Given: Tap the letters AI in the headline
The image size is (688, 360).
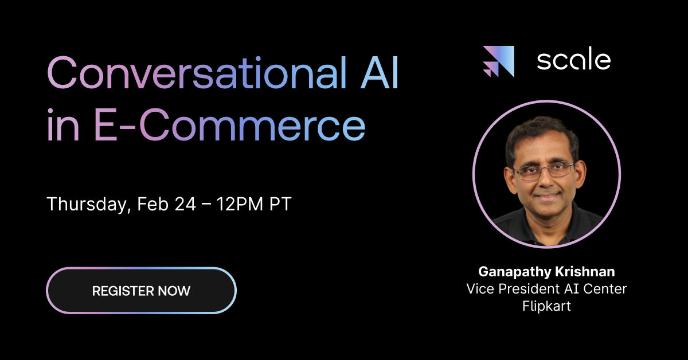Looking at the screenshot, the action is pyautogui.click(x=380, y=72).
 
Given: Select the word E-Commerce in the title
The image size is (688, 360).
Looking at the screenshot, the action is pyautogui.click(x=230, y=125).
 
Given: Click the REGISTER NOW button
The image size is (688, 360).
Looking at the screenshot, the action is pyautogui.click(x=141, y=291).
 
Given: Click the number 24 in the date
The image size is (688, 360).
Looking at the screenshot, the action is pyautogui.click(x=185, y=204).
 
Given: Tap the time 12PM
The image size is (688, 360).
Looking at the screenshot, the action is pyautogui.click(x=240, y=204).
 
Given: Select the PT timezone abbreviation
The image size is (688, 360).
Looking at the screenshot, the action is pyautogui.click(x=280, y=204).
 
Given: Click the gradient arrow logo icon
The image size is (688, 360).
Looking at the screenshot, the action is pyautogui.click(x=498, y=61).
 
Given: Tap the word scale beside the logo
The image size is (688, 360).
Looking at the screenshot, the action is pyautogui.click(x=573, y=61).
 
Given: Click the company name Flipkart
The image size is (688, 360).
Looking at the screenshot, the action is pyautogui.click(x=546, y=306).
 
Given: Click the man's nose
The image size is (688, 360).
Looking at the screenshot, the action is pyautogui.click(x=546, y=179).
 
